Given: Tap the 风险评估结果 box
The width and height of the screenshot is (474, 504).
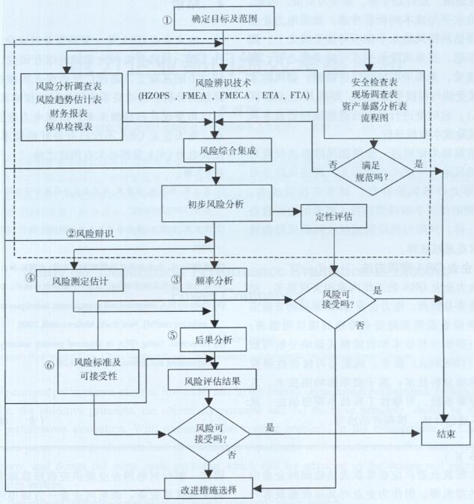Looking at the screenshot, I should [x=213, y=381].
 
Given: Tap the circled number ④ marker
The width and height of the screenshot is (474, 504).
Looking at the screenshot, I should [x=30, y=279].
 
